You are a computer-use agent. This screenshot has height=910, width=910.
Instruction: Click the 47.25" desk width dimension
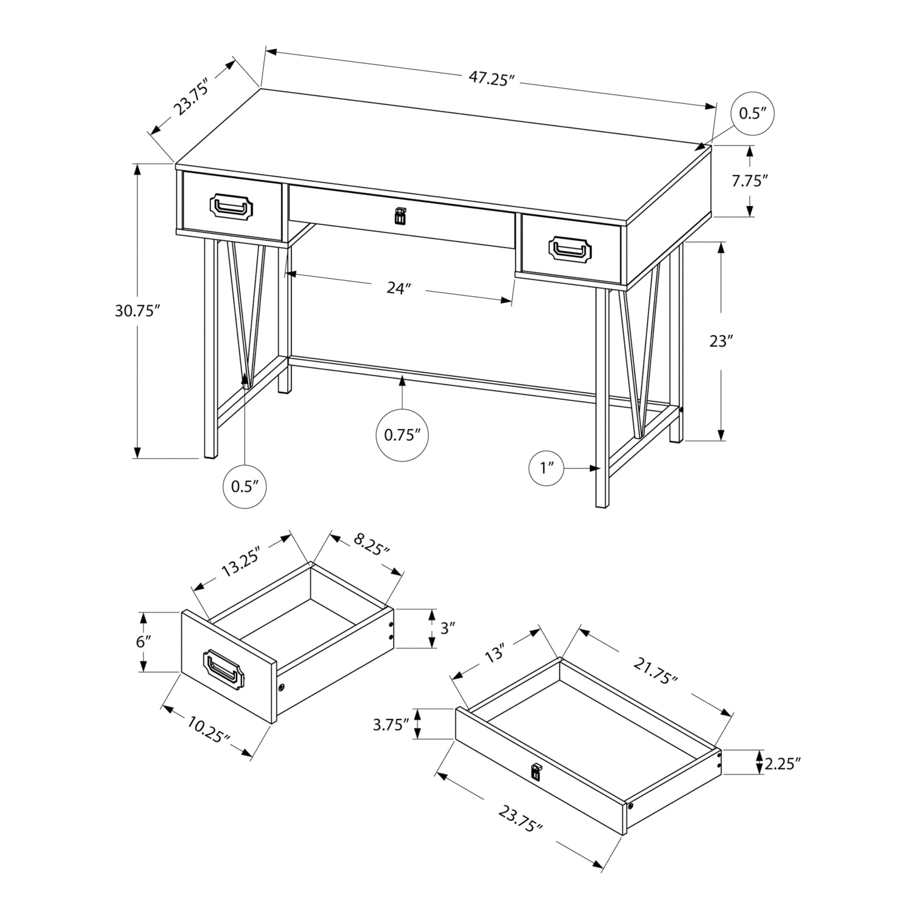coord(491,78)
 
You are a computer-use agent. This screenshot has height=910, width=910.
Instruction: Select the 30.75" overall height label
coord(137,311)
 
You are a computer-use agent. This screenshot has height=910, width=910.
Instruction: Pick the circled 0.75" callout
coord(402,435)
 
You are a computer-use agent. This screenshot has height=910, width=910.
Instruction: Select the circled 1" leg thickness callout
coord(548,468)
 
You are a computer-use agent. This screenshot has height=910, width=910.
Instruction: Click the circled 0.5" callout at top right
coord(753,113)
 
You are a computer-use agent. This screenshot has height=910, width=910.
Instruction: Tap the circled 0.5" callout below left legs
coord(245,486)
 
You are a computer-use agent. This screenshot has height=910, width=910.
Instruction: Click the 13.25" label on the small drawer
coord(240,562)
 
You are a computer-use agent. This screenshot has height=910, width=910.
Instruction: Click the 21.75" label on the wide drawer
coord(655,672)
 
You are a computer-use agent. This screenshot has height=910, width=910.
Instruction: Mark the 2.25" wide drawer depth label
coord(783,763)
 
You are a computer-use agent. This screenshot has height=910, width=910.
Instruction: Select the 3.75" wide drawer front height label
coord(389,724)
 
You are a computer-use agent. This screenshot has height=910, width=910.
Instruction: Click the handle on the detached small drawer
coord(224,669)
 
